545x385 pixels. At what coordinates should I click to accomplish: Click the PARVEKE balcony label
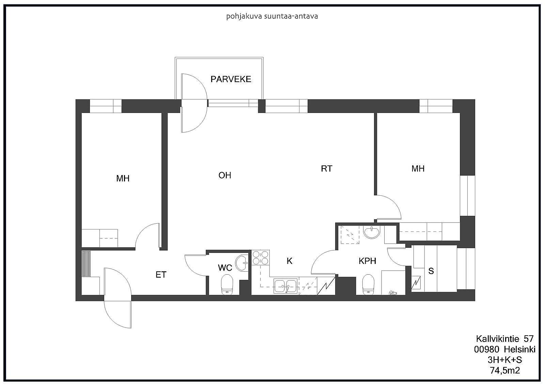click(x=231, y=79)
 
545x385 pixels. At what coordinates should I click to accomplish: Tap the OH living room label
click(x=224, y=175)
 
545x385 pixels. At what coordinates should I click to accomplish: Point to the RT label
click(x=327, y=169)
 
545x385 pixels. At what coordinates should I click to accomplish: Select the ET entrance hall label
click(x=161, y=275)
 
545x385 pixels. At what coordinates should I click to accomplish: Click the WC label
click(x=225, y=268)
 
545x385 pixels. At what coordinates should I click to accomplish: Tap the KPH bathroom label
click(x=368, y=261)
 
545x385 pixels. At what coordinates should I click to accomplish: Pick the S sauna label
click(x=431, y=271)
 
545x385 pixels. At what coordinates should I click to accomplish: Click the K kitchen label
click(x=289, y=261)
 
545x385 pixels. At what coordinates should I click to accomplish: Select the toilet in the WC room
click(x=227, y=285)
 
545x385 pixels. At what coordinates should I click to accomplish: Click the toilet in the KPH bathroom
click(x=368, y=285)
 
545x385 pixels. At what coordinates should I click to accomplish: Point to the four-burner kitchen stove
click(x=260, y=258)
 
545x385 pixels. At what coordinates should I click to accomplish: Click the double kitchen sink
click(x=285, y=286)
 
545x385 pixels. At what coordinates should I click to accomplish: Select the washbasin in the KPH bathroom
click(x=372, y=232)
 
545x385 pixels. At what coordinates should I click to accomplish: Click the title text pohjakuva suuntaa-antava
click(x=272, y=16)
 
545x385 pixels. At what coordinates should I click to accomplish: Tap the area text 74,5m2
click(x=505, y=370)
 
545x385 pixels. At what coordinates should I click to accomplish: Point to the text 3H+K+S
click(x=505, y=360)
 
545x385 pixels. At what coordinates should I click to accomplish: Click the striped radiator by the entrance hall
click(x=86, y=263)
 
